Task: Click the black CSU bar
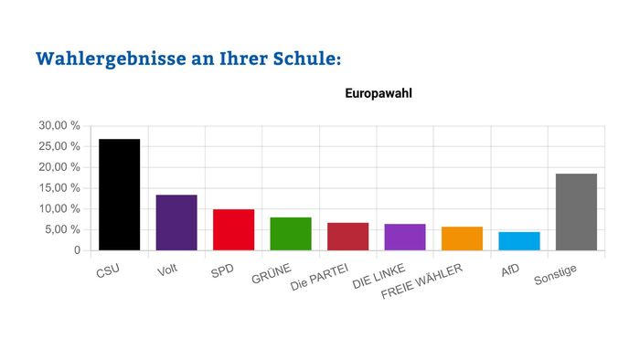[x=120, y=195]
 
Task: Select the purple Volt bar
[x=176, y=222]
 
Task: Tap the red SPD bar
[x=233, y=229]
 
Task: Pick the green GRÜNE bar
[x=291, y=233]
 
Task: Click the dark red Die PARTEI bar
[x=347, y=236]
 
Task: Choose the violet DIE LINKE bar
[x=405, y=237]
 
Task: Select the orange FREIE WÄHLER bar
[x=462, y=238]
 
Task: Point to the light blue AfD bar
[x=518, y=240]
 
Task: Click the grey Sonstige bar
[x=576, y=211]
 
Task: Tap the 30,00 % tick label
[x=59, y=125]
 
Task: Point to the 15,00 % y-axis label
[x=59, y=188]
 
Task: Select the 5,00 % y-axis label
[x=62, y=229]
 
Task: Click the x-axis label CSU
[x=108, y=271]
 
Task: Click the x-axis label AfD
[x=511, y=270]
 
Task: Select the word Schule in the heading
[x=302, y=58]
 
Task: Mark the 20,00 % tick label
[x=59, y=167]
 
